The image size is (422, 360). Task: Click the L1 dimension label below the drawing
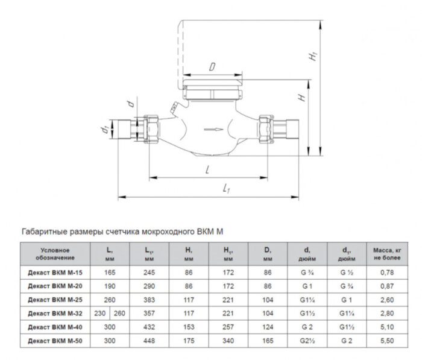point(227,189)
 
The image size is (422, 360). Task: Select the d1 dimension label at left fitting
point(104,128)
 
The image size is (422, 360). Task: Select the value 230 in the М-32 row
point(100,314)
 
